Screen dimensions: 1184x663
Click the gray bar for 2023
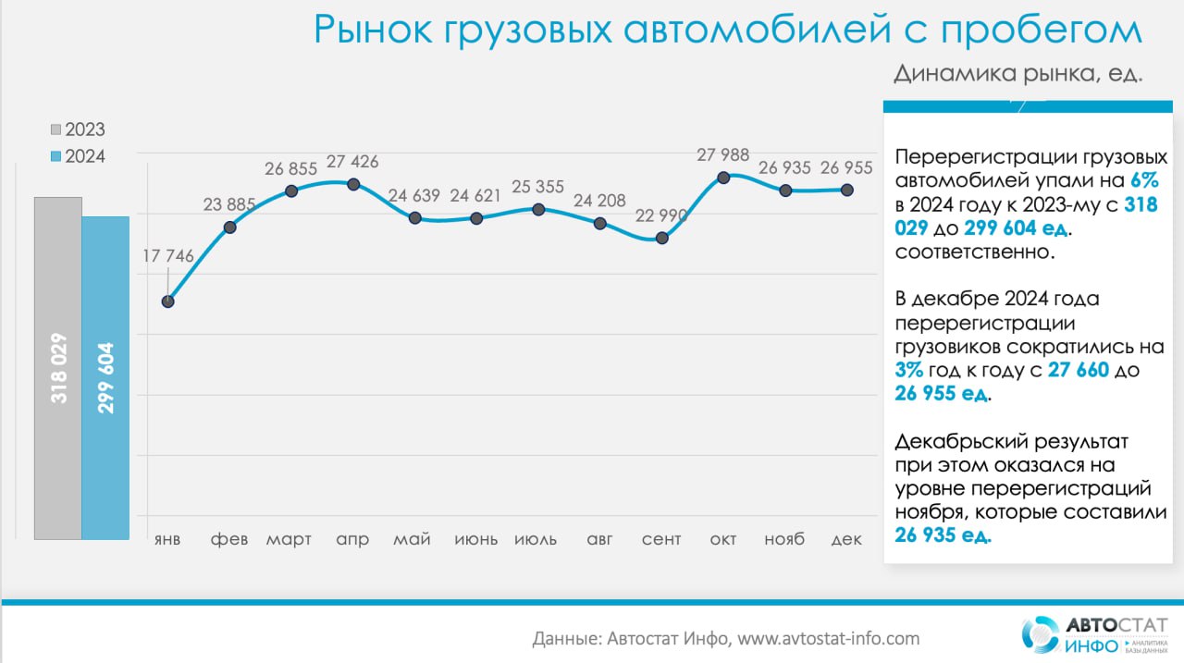point(58,368)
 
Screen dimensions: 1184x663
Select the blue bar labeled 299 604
point(105,377)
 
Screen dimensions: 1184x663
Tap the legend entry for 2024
point(79,157)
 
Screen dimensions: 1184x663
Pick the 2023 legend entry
point(79,129)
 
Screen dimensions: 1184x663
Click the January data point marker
point(168,301)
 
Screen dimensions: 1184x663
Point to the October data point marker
point(723,178)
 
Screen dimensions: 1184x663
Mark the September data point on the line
point(661,239)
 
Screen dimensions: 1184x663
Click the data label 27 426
point(352,162)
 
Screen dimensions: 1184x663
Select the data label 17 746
point(168,256)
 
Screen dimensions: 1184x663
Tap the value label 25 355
point(537,187)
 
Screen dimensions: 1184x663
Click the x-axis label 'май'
point(412,539)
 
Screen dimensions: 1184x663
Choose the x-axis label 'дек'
point(846,539)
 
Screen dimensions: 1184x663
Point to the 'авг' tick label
point(599,539)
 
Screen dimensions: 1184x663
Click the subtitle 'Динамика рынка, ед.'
point(1018,73)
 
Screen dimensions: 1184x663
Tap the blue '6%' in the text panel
point(1144,180)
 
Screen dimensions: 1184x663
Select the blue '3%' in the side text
point(908,370)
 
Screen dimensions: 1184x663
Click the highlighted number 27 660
point(1079,370)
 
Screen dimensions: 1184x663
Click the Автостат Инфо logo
point(1094,634)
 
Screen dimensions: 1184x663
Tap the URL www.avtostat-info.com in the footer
point(828,639)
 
